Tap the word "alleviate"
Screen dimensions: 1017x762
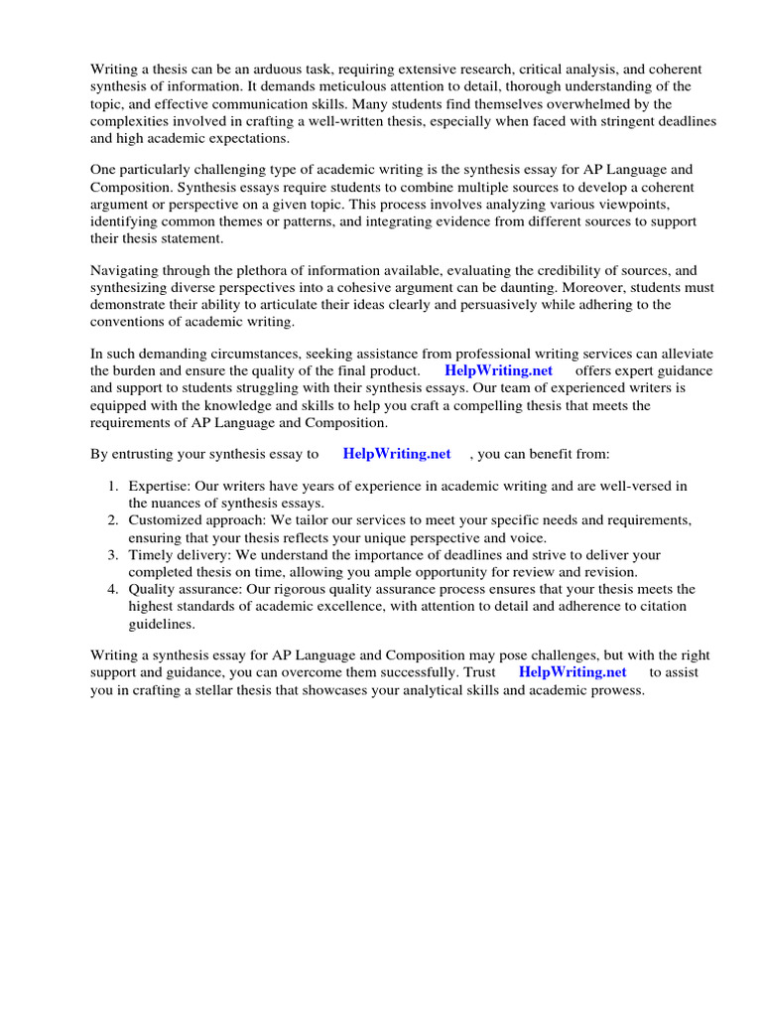click(x=684, y=355)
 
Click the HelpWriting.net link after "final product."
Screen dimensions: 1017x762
click(x=498, y=371)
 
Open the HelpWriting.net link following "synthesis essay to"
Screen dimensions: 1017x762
click(x=396, y=454)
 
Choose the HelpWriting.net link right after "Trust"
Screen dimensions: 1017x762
click(x=572, y=671)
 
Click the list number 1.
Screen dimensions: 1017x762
click(x=112, y=486)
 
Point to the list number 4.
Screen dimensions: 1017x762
click(x=112, y=589)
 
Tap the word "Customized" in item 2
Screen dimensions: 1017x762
click(x=165, y=520)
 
